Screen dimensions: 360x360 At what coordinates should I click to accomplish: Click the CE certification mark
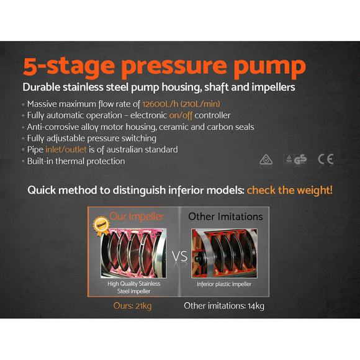pos(325,159)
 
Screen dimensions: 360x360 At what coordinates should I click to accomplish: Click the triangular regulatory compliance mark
pos(266,160)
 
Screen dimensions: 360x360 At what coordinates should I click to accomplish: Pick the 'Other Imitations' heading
pos(225,217)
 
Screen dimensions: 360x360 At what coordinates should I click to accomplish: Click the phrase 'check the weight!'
pos(289,190)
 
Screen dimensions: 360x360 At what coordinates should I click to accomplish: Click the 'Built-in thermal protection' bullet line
pos(76,161)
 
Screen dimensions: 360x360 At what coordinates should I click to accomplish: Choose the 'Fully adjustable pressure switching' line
pos(92,138)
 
